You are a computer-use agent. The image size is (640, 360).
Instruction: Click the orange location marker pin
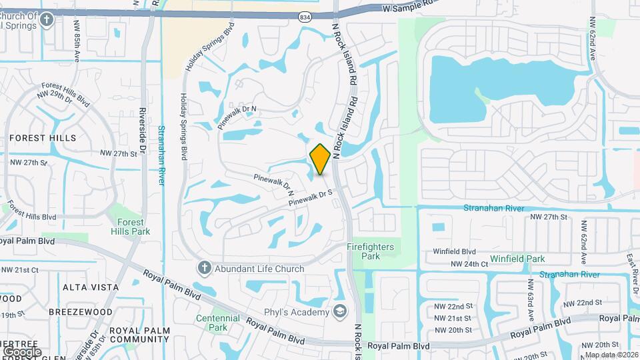click(320, 159)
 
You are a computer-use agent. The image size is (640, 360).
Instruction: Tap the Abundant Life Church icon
click(205, 269)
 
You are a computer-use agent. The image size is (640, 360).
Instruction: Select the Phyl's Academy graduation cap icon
click(340, 312)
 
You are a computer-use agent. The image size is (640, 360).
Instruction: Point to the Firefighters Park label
click(371, 251)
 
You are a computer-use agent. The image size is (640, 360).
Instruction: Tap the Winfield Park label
click(517, 259)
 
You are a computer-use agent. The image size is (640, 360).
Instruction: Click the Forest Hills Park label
click(131, 227)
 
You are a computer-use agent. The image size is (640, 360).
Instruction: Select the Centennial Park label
click(218, 323)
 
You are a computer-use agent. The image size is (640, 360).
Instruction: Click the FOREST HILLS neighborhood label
click(43, 138)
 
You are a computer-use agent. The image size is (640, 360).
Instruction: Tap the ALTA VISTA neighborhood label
click(91, 287)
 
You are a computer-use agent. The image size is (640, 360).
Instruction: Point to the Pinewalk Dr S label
click(310, 198)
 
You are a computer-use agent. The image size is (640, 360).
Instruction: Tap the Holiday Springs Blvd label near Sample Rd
click(221, 41)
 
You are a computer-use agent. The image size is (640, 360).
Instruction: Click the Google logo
click(22, 351)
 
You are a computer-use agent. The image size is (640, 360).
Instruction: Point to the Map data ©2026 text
click(611, 355)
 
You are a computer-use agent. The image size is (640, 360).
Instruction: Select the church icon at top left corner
click(46, 19)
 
